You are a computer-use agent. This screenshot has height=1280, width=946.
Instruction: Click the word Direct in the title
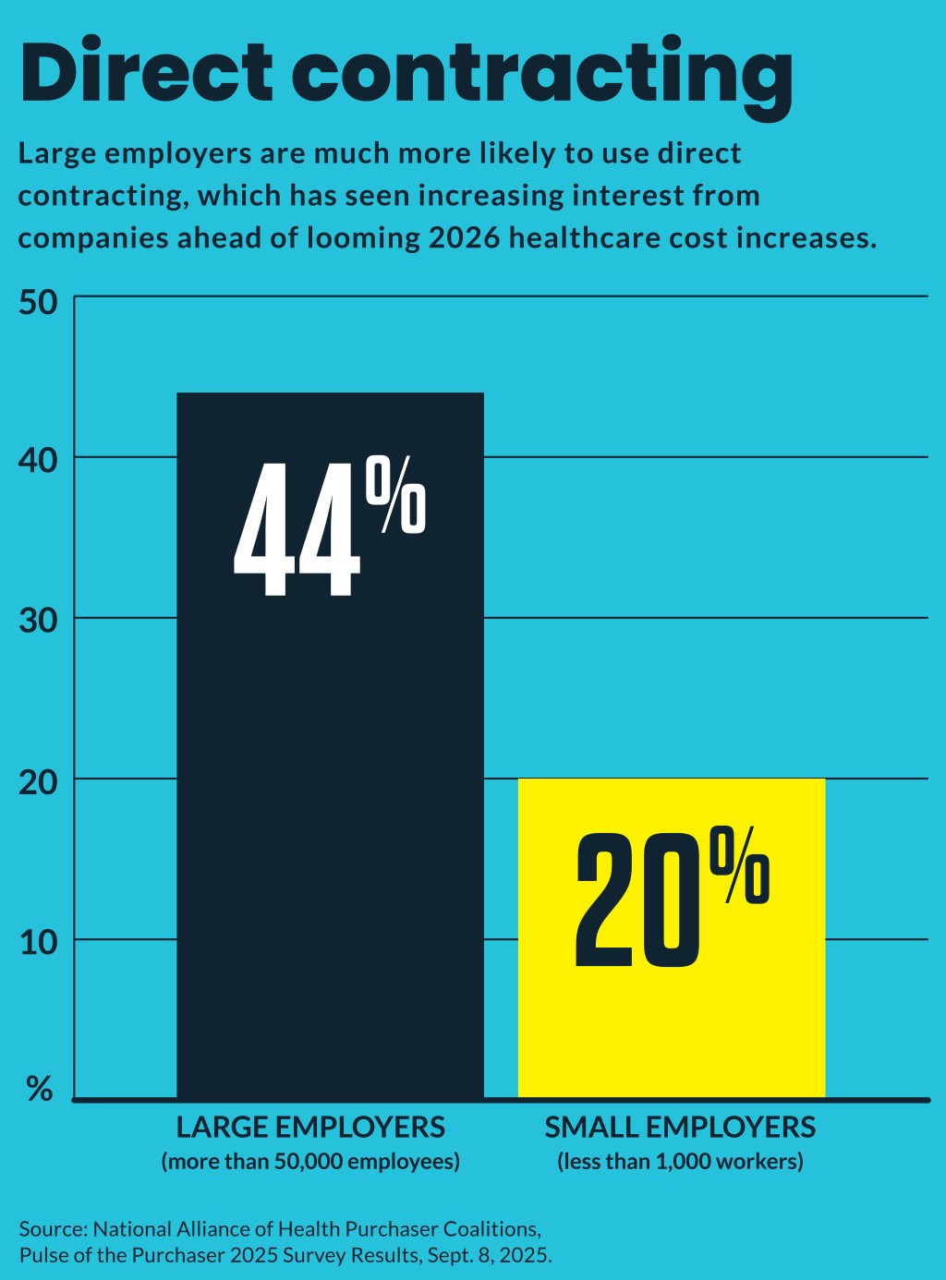point(146,72)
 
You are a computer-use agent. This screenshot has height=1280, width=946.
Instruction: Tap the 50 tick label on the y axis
point(38,303)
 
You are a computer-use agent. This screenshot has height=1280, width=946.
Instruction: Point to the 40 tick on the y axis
point(38,459)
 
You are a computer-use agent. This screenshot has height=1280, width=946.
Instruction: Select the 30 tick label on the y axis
point(38,620)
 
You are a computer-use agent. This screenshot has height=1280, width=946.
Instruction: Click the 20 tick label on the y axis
point(38,781)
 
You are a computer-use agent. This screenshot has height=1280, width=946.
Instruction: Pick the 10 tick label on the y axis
point(38,942)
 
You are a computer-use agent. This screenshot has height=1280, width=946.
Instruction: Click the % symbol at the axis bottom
point(40,1089)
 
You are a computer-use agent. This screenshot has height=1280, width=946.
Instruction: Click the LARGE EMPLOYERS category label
point(310,1128)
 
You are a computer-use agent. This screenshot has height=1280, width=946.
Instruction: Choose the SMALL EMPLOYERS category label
point(680,1128)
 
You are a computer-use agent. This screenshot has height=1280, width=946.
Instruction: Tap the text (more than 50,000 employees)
point(310,1161)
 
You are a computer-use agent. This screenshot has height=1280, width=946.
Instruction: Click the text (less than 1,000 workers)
point(680,1161)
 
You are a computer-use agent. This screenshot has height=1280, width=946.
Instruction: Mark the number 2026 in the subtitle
point(465,238)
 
